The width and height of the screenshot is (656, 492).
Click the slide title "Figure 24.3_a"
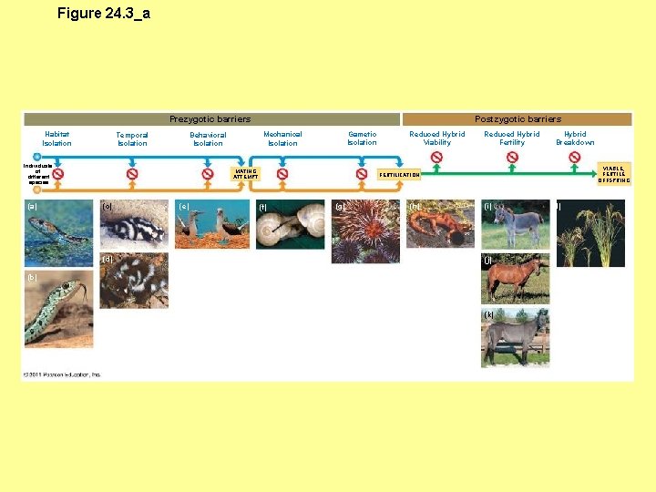[x=103, y=13]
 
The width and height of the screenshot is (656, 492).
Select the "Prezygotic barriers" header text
[x=210, y=119]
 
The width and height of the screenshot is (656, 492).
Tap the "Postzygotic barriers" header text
[x=518, y=119]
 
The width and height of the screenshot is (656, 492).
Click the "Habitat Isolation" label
[x=56, y=138]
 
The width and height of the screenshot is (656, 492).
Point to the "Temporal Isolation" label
[x=132, y=138]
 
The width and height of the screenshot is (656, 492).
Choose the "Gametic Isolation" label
[x=362, y=138]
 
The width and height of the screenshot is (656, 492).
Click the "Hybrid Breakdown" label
[x=575, y=138]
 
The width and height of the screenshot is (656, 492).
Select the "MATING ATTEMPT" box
[x=246, y=173]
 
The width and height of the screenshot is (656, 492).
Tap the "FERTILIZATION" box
[x=400, y=175]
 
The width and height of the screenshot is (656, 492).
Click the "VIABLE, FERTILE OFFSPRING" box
[x=614, y=174]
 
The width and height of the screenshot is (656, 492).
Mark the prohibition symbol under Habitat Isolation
[x=57, y=173]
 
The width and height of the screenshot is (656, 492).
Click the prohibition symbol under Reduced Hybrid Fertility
[x=512, y=157]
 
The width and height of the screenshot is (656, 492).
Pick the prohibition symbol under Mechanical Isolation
[x=282, y=173]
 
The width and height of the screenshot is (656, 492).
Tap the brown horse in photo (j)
[x=515, y=278]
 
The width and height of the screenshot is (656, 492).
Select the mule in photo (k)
[x=516, y=338]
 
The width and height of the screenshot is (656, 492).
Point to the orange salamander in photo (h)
[x=439, y=225]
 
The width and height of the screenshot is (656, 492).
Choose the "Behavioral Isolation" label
[x=208, y=138]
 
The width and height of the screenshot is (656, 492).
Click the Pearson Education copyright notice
[x=63, y=374]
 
